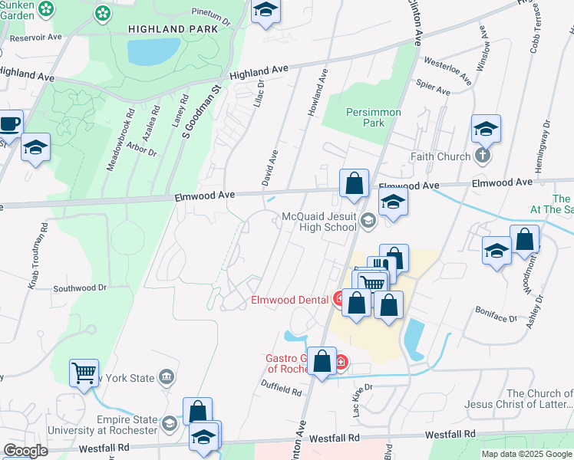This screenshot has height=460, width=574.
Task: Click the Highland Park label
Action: coord(173,29)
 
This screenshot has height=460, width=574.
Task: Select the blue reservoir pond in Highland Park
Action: coord(153,51)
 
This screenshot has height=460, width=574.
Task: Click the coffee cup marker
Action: coord(9,124)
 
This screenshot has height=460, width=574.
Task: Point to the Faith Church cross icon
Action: coord(481,156)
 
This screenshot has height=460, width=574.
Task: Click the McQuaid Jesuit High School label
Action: coord(319,222)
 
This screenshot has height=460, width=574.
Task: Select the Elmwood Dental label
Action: coord(289,300)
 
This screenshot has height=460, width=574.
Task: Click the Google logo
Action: coord(25,451)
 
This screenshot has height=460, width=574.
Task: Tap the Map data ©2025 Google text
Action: coord(526,454)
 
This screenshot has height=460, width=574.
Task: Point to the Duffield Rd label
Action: coord(282,389)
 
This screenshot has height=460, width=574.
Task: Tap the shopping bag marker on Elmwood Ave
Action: coord(354,185)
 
